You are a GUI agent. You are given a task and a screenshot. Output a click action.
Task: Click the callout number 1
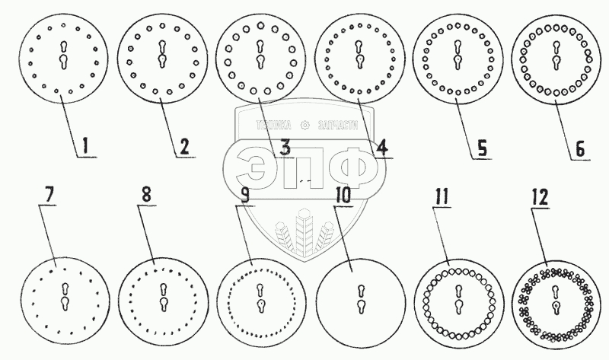pos(86,144)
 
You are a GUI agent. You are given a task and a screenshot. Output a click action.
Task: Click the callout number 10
pos(343,195)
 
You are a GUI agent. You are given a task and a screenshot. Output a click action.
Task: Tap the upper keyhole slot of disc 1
pos(63,44)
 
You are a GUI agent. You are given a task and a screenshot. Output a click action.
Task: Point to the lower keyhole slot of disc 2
pos(162,61)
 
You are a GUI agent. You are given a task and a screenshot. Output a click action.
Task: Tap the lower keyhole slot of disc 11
pos(457,304)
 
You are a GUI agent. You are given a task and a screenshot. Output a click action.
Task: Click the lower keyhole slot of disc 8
pos(163,304)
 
